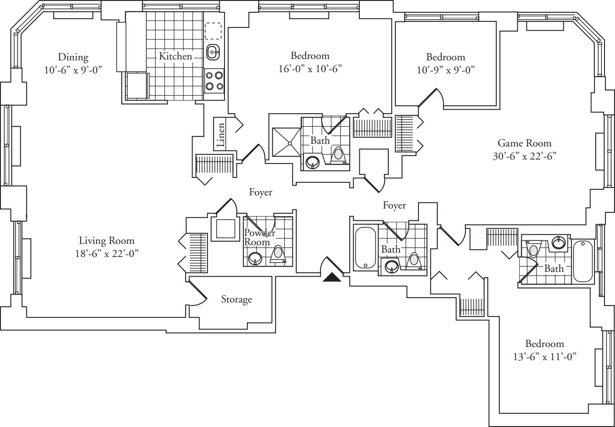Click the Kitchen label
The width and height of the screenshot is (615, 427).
(x=175, y=56)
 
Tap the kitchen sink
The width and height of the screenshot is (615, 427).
(x=213, y=52)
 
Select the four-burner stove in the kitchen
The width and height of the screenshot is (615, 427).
(x=214, y=81)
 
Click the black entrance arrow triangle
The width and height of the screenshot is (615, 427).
(x=332, y=278)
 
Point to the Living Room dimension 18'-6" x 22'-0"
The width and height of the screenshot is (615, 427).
(x=106, y=253)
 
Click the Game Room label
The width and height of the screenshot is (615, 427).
(x=524, y=143)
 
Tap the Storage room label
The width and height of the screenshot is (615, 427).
(x=236, y=299)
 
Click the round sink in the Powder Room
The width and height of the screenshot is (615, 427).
(x=255, y=258)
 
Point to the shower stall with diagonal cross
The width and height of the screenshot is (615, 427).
(x=287, y=142)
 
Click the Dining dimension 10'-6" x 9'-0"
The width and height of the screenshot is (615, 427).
(x=73, y=69)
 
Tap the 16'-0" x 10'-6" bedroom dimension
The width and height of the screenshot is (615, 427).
(x=310, y=69)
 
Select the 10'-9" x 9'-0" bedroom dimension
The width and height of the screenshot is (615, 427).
(x=446, y=70)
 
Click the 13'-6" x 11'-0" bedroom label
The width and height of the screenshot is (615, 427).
(x=544, y=344)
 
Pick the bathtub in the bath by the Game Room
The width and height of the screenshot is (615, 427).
(x=583, y=261)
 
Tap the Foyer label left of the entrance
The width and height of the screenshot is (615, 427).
(x=260, y=192)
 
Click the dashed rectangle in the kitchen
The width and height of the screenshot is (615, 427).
(x=213, y=31)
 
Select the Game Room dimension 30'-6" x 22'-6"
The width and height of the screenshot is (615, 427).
(x=524, y=156)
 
